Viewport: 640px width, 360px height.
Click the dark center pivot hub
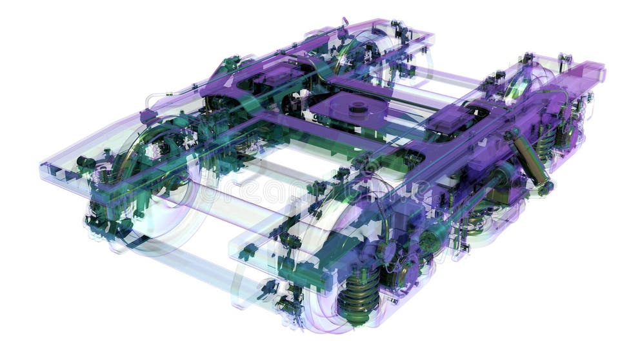357,107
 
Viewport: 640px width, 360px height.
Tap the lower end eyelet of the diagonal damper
545,188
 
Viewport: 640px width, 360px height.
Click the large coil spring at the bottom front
358,294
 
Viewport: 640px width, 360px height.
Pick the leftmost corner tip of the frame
42,166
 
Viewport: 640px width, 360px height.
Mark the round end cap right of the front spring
428,241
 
